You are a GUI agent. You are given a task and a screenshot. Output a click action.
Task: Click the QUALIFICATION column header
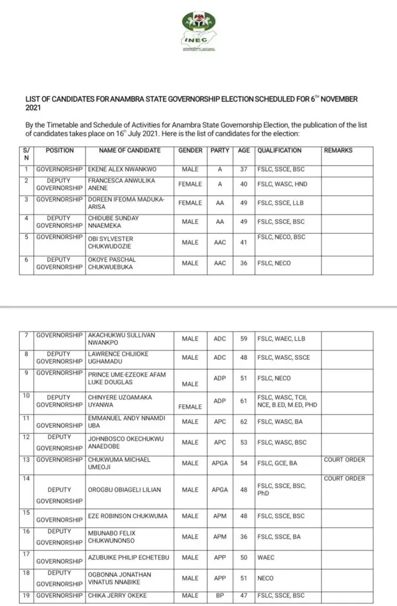click(280, 151)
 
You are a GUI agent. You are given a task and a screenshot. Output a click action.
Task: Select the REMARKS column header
click(338, 151)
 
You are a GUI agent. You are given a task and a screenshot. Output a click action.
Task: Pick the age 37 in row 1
click(244, 169)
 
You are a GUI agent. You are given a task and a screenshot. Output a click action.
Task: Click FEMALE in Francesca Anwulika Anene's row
click(190, 184)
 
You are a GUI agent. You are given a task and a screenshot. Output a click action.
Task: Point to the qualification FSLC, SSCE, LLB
click(281, 203)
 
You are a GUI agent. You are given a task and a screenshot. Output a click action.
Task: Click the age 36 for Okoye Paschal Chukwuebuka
click(244, 264)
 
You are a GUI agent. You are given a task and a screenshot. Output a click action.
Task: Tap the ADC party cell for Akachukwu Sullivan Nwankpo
click(220, 339)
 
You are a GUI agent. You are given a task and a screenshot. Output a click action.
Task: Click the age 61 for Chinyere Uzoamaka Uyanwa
click(244, 401)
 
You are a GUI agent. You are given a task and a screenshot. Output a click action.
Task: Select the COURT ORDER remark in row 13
click(344, 460)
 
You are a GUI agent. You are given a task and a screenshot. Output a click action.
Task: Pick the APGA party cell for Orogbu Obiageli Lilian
click(220, 490)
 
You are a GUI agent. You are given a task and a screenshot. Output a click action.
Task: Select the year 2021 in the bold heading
click(33, 108)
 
